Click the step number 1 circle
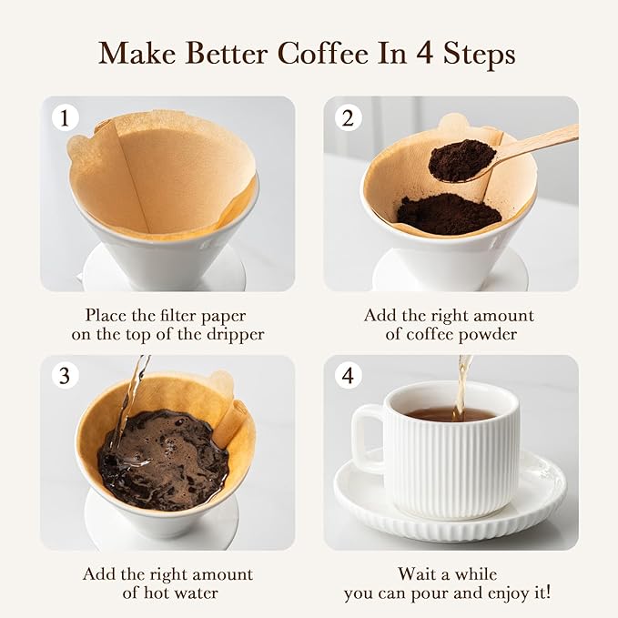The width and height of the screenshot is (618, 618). coord(64,117)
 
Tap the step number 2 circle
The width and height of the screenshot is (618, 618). coord(348,117)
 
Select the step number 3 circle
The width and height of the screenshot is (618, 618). coord(64,375)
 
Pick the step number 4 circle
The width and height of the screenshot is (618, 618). coord(348,375)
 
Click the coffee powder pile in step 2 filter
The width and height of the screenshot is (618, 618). coord(448,213)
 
